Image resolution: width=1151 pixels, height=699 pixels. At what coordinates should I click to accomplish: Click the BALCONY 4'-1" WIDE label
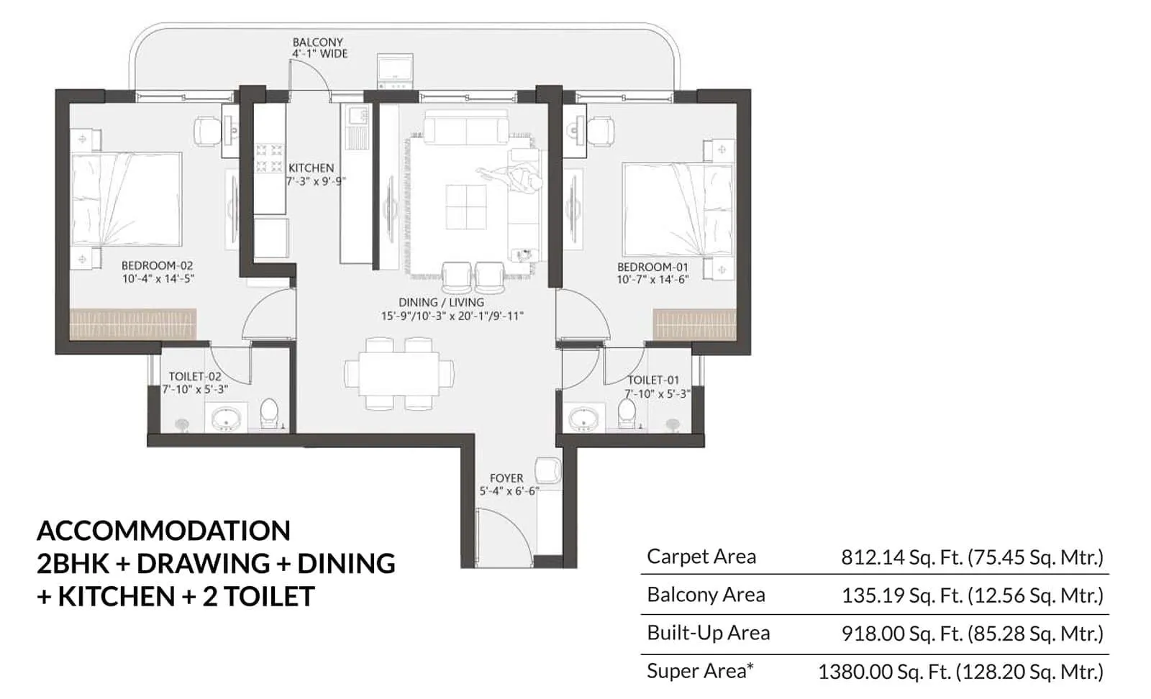(x=319, y=47)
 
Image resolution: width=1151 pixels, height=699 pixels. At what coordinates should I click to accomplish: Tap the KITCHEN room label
(x=311, y=168)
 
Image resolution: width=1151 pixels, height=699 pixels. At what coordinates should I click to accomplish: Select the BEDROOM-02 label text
(x=157, y=265)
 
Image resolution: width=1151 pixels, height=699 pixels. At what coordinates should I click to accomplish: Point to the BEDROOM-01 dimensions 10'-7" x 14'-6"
(x=652, y=279)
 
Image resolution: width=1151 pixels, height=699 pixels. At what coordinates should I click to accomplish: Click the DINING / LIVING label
(x=441, y=303)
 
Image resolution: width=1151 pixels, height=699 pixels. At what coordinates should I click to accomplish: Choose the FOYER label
(x=506, y=478)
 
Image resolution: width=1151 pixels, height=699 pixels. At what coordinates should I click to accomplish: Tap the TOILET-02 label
(x=194, y=376)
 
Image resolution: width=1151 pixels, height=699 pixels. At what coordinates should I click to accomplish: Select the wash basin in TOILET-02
(x=226, y=417)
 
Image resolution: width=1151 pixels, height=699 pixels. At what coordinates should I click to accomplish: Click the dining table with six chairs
(x=399, y=373)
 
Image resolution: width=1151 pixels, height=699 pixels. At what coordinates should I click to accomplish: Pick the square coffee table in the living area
(x=465, y=207)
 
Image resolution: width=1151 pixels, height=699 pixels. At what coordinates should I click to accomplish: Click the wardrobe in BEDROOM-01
(x=693, y=324)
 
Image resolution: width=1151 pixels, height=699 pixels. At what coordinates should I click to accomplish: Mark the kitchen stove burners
(x=269, y=159)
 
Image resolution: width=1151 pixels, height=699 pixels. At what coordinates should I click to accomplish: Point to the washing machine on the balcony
(x=395, y=71)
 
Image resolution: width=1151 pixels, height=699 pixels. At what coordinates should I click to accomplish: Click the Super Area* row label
(x=700, y=671)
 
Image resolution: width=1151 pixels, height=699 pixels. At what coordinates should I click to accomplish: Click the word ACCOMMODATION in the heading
(x=164, y=531)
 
